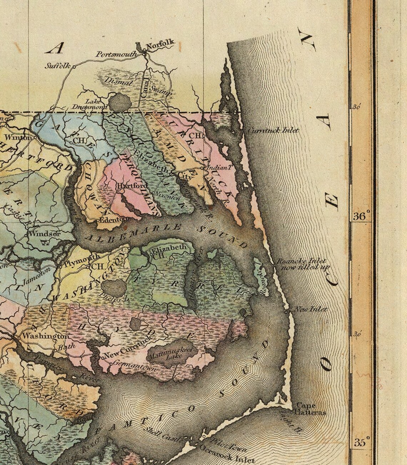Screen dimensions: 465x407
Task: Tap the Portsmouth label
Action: [116, 54]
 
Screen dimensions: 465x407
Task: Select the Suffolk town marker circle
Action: [75, 66]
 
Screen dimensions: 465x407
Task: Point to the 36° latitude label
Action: [362, 216]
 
